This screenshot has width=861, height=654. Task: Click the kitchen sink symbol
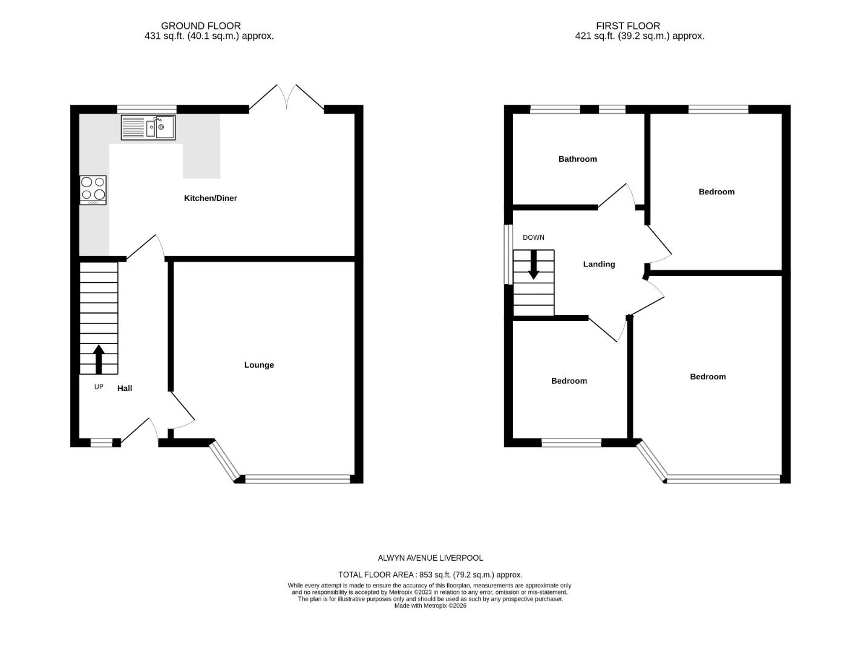tap(148, 128)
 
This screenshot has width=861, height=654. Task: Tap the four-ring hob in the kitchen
tap(93, 190)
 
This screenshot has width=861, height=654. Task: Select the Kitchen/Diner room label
tap(210, 198)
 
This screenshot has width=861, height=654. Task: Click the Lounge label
tap(259, 365)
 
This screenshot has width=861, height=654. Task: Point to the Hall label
tap(125, 388)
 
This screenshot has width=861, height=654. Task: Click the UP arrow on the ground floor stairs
tap(98, 359)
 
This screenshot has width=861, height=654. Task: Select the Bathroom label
tap(577, 159)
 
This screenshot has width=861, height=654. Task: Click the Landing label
tap(598, 264)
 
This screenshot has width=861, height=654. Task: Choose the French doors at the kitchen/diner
tap(287, 98)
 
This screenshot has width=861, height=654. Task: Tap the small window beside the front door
tap(101, 443)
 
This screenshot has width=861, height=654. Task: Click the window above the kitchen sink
tap(146, 110)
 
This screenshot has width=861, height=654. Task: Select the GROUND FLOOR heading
tap(201, 25)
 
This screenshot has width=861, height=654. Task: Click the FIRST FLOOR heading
tap(627, 25)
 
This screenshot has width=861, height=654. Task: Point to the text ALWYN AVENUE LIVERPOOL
tap(430, 558)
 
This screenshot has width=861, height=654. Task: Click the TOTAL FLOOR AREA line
tap(430, 575)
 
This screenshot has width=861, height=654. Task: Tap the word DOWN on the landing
tap(533, 237)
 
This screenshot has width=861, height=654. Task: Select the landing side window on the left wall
tap(508, 254)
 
